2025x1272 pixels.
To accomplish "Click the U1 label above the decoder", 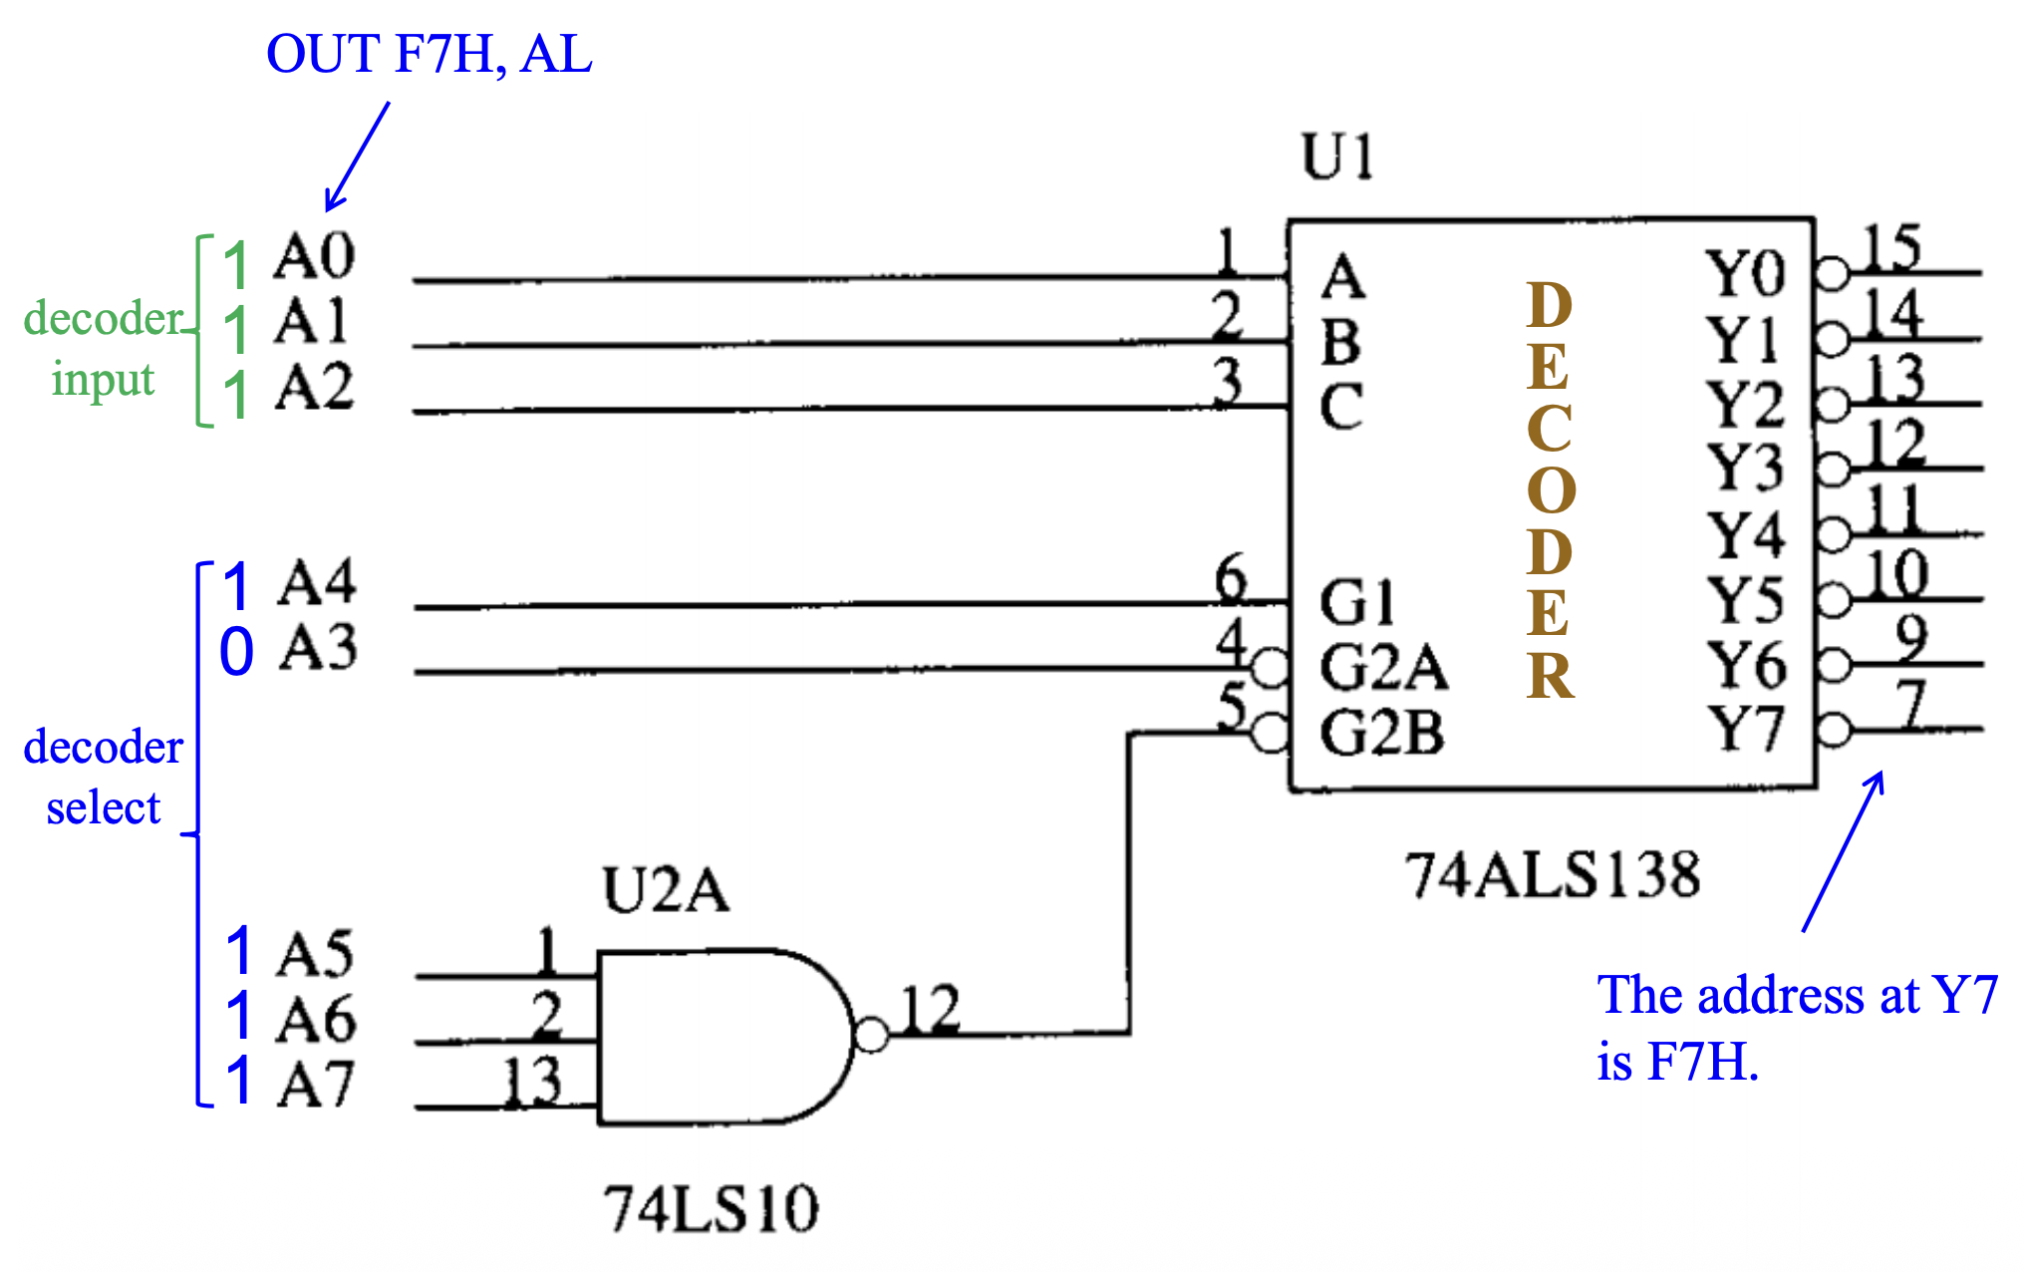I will point(1337,158).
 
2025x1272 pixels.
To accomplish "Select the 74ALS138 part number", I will point(1552,876).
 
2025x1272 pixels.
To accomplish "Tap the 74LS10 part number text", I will point(711,1209).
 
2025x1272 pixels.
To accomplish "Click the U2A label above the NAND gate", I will point(666,890).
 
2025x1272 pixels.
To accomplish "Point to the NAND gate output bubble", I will point(871,1036).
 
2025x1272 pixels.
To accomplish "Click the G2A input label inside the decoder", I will point(1382,667).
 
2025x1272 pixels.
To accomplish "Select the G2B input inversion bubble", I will point(1271,734).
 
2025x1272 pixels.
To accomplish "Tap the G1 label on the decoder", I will point(1356,602).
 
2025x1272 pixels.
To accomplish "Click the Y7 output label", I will point(1744,729).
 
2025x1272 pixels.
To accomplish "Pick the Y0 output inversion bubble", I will point(1832,273).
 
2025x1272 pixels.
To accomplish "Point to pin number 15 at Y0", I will point(1890,247).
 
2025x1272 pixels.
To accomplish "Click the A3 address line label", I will point(318,648).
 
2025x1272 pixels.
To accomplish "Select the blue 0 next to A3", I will point(236,653).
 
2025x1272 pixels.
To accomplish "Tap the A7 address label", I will point(316,1084).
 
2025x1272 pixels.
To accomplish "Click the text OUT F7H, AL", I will point(429,54).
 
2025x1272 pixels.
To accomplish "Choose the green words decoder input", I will point(103,349).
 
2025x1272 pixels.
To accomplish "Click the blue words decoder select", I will point(103,777).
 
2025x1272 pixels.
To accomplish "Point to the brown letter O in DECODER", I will point(1551,490).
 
